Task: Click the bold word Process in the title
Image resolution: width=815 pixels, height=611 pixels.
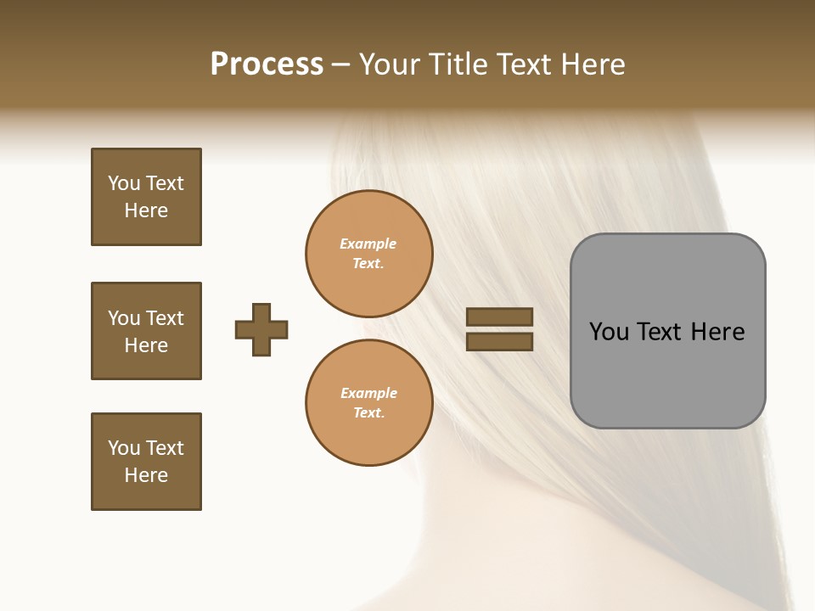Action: click(267, 64)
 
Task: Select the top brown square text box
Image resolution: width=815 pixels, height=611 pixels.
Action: click(146, 197)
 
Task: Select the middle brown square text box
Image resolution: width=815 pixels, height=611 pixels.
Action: click(146, 331)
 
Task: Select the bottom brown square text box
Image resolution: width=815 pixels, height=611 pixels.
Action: click(146, 462)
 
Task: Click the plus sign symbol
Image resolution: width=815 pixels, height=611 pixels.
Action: click(261, 329)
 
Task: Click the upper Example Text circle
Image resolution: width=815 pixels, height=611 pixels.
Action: click(369, 254)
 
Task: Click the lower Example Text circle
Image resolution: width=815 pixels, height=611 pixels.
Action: click(369, 402)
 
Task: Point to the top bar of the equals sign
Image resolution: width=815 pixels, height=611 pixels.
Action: click(500, 317)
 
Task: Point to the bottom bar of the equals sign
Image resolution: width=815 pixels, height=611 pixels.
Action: click(500, 342)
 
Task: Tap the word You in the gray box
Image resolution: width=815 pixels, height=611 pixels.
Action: click(609, 332)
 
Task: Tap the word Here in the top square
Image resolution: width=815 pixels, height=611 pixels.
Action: click(146, 210)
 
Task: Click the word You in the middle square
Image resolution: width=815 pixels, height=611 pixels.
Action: click(123, 318)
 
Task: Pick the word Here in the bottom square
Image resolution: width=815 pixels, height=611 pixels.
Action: click(146, 475)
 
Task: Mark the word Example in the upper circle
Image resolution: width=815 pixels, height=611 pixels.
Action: click(368, 244)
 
